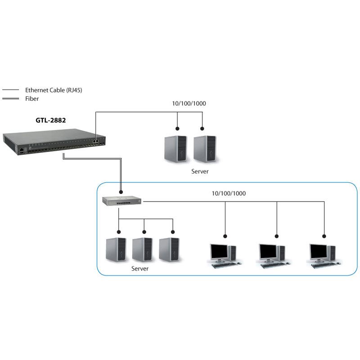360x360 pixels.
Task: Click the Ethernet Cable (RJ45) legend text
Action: pyautogui.click(x=54, y=90)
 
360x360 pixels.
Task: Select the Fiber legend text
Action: pyautogui.click(x=32, y=99)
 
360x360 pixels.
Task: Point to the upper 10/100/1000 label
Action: pyautogui.click(x=189, y=103)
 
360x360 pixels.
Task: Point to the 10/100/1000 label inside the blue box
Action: pyautogui.click(x=229, y=193)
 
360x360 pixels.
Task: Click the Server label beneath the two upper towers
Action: pyautogui.click(x=200, y=171)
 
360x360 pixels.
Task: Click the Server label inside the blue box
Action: pyautogui.click(x=139, y=269)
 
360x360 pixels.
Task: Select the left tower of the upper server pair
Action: pyautogui.click(x=175, y=148)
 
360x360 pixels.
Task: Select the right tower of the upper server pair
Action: pyautogui.click(x=204, y=148)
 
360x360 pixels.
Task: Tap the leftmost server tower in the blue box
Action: pyautogui.click(x=115, y=250)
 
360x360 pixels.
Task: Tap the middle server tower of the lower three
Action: pyautogui.click(x=142, y=250)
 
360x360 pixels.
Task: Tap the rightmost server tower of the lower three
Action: pyautogui.click(x=169, y=250)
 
